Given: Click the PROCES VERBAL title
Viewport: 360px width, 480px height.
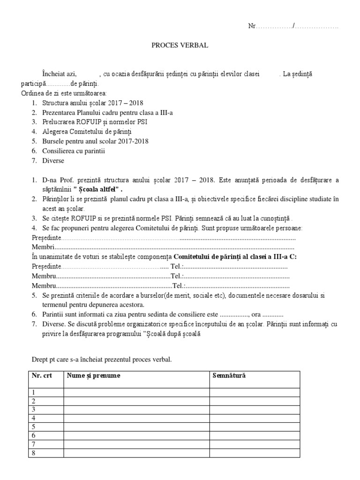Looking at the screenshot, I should [x=180, y=46].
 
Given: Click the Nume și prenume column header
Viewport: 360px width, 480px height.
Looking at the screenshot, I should [x=93, y=376].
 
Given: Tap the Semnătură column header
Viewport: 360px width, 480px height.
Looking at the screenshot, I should [x=229, y=376].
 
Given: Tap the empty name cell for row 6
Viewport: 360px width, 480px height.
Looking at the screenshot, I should [x=136, y=435].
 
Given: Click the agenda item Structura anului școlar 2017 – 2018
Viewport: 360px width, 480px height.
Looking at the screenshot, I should [x=93, y=103].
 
